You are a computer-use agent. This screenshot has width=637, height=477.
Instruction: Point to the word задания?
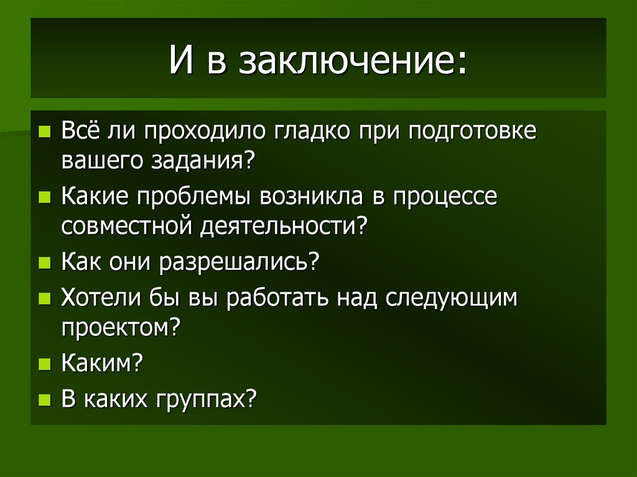coord(204,160)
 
